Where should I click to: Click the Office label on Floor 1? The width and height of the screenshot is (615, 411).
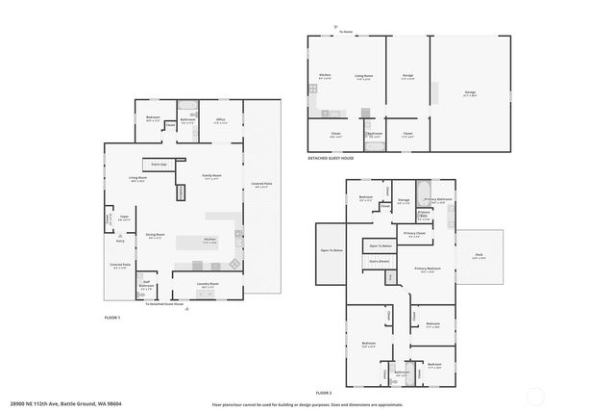point(220,120)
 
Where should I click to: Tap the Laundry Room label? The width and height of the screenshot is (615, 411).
point(208,284)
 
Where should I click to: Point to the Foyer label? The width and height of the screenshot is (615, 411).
point(124,218)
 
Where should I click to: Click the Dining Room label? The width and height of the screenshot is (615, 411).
point(155,235)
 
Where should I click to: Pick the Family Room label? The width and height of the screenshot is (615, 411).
point(211,176)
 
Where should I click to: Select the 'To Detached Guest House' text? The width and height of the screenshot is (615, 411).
point(164,304)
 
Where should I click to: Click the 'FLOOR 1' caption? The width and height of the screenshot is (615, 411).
point(112,317)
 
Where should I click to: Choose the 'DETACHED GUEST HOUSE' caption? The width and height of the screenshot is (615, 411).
point(332,157)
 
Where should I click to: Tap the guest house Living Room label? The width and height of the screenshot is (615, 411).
point(363,76)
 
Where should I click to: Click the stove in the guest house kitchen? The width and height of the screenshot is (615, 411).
point(312,89)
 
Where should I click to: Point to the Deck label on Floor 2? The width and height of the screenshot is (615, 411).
point(479,256)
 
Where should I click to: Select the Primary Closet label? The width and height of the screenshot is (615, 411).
point(414,234)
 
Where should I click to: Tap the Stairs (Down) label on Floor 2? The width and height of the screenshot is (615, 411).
point(378,261)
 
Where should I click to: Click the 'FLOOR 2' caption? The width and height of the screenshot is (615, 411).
point(323,394)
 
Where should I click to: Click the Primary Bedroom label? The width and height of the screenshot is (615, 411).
point(428,269)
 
